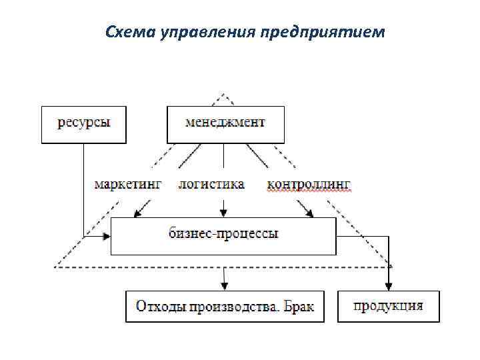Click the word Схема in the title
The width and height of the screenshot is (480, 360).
(129, 32)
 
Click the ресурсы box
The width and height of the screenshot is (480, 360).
(84, 125)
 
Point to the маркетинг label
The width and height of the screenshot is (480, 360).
(127, 183)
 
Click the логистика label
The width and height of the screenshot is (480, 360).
(211, 183)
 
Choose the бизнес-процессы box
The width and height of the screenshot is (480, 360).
(223, 235)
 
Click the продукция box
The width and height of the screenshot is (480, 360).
(389, 307)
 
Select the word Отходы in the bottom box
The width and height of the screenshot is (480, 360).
(161, 307)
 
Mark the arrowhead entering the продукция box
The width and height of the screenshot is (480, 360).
(389, 287)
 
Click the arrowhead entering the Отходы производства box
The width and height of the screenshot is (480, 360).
(225, 286)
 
